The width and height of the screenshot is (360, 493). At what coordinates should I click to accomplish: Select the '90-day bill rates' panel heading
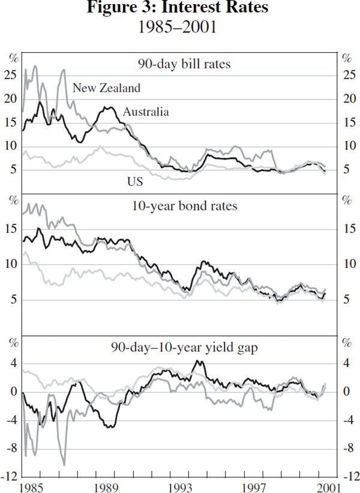tap(183, 64)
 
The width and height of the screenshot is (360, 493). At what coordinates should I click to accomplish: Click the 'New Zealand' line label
tap(106, 88)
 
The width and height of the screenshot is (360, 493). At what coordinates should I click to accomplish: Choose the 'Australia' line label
tap(146, 112)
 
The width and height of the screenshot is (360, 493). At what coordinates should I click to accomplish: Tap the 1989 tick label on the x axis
tap(106, 486)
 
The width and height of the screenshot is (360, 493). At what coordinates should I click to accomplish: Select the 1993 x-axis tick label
tap(180, 486)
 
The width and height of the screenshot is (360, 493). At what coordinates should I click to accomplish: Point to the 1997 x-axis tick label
tap(254, 486)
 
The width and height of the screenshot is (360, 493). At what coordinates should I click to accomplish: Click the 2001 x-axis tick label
tap(328, 486)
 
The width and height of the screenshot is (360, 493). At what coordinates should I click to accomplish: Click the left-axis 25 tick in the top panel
tap(10, 75)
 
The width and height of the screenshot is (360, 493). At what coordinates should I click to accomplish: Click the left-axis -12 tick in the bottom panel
tap(8, 477)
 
